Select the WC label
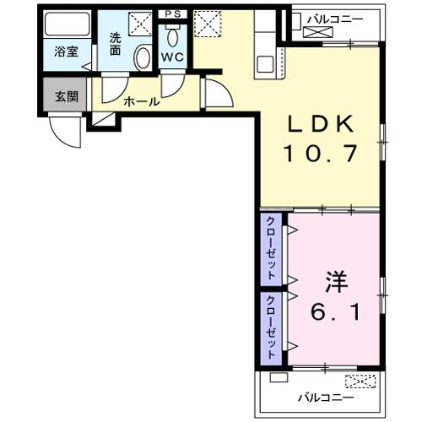(173, 57)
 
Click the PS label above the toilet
(173, 14)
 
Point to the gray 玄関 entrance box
(67, 96)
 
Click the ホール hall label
(141, 101)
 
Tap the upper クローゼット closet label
(271, 248)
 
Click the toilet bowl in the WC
(173, 35)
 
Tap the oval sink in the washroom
(143, 58)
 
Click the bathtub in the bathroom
(67, 24)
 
